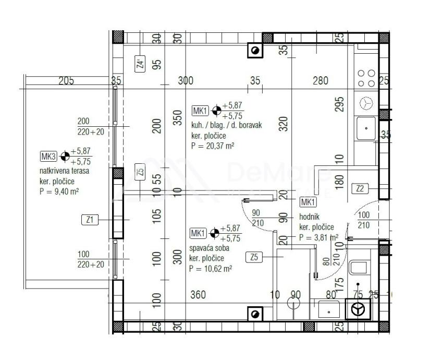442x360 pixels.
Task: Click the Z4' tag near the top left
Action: (140, 65)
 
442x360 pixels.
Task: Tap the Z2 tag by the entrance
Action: (360, 188)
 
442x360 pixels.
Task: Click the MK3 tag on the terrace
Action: (48, 156)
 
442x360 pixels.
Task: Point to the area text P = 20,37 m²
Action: (212, 146)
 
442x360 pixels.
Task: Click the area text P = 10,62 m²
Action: (211, 269)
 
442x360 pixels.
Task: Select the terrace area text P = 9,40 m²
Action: (59, 191)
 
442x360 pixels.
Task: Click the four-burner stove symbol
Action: (366, 78)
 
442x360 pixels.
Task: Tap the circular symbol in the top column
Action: (255, 51)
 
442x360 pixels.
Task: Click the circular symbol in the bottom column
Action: (255, 314)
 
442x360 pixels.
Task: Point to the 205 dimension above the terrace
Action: (67, 81)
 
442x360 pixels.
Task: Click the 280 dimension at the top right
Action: (320, 81)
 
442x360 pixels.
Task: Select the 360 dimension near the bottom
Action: (198, 295)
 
